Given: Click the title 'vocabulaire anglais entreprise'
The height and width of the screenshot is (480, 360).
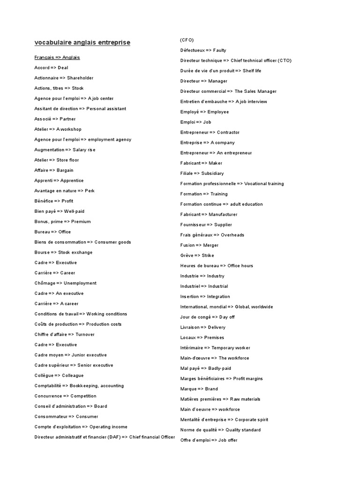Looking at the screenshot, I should click(82, 43).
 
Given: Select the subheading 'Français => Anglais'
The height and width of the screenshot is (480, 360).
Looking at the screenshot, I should click(57, 57).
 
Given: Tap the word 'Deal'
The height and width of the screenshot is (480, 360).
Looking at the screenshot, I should click(63, 67).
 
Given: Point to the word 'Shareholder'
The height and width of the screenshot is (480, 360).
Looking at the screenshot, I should click(80, 78).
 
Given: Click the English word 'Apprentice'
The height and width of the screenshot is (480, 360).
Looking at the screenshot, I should click(72, 180).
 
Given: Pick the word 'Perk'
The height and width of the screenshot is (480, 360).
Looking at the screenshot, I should click(90, 191).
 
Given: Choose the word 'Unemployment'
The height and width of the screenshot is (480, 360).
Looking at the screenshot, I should click(80, 283).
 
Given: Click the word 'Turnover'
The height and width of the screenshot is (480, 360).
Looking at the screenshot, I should click(85, 334).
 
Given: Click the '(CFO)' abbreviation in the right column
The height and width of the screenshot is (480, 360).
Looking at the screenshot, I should click(187, 40).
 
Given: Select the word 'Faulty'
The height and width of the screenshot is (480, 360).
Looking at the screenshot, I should click(220, 50).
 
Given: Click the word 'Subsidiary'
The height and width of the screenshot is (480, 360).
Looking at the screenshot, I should click(213, 173).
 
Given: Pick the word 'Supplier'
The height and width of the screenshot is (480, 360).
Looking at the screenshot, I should click(223, 225).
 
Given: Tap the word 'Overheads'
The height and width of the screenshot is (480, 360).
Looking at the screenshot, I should click(232, 235).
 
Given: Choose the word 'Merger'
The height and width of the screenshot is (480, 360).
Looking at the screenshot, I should click(211, 245).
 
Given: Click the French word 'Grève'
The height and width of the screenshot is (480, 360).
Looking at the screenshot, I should click(187, 255).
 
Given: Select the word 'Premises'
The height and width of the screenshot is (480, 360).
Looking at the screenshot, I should click(214, 337).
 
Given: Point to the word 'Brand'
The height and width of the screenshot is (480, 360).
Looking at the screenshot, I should click(211, 389).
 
